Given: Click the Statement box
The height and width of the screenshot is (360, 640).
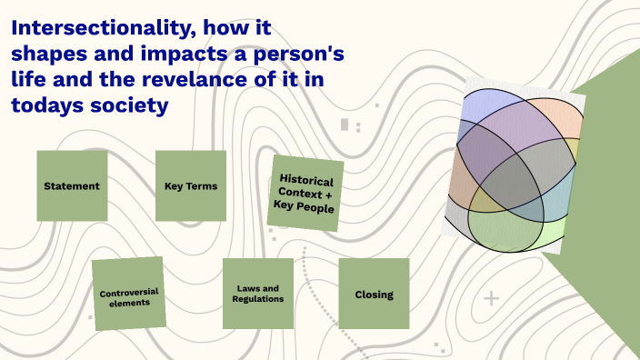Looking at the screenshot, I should pyautogui.click(x=72, y=186).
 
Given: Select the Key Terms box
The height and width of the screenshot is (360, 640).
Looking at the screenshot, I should pyautogui.click(x=191, y=186).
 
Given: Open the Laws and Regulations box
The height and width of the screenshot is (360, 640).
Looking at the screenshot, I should pyautogui.click(x=258, y=294).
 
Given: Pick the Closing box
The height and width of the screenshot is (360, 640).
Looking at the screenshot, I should pyautogui.click(x=374, y=294).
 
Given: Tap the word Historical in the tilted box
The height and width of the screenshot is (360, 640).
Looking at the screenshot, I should pyautogui.click(x=306, y=180).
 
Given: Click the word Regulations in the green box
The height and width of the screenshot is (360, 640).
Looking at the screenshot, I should pyautogui.click(x=258, y=299).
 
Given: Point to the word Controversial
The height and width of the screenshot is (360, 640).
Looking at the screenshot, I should pyautogui.click(x=129, y=292).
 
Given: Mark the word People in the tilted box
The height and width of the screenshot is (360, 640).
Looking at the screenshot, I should pyautogui.click(x=315, y=208).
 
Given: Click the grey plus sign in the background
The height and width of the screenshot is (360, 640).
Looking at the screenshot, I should pyautogui.click(x=492, y=298).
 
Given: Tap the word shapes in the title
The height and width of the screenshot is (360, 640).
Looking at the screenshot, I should pyautogui.click(x=46, y=55).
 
